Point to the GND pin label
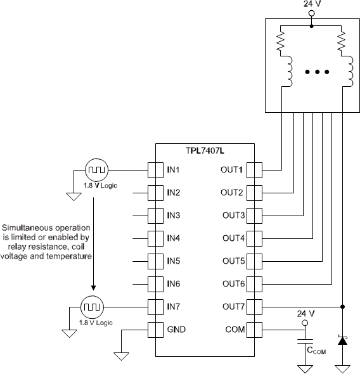coord(176,330)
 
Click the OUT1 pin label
coord(232,170)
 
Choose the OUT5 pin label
coord(232,261)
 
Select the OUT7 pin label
coord(232,307)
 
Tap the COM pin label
coord(235,330)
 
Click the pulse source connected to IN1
coord(96,170)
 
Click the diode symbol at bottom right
coord(343,340)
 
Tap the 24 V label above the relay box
coord(312,4)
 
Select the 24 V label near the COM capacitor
coord(305,314)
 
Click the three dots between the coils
coord(311,73)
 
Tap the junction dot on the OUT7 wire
coord(343,307)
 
